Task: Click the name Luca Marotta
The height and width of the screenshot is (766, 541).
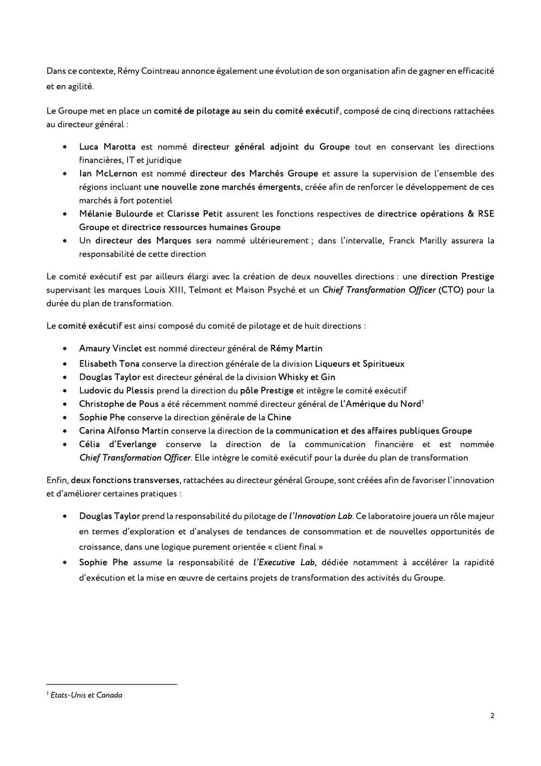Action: click(107, 147)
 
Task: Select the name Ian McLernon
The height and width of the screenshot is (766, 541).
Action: click(108, 174)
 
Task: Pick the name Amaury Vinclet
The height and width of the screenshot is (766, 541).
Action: click(110, 349)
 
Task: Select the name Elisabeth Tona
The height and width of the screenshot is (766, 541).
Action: click(109, 364)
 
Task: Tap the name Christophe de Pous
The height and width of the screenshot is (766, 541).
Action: click(119, 404)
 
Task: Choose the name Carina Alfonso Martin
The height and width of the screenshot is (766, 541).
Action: click(124, 431)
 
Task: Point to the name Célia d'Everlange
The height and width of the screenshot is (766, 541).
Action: click(118, 444)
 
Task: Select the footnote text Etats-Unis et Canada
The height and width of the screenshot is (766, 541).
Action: click(86, 695)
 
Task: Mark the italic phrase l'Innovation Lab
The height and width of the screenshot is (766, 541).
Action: click(321, 516)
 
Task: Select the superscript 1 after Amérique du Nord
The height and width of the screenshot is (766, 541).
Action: click(423, 402)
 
